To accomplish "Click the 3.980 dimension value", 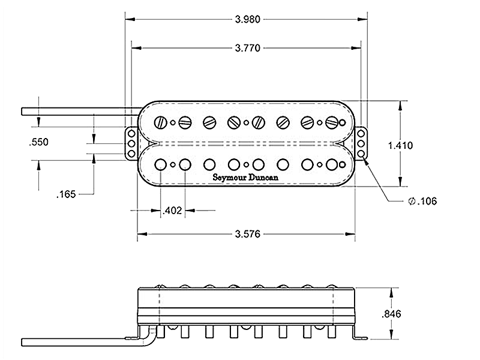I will [246, 19].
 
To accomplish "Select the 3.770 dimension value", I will [246, 48].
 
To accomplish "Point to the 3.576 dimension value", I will [246, 235].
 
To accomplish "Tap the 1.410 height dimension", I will [401, 145].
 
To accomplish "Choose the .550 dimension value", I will [38, 143].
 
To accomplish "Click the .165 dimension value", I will [65, 194].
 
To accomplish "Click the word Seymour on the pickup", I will [230, 178].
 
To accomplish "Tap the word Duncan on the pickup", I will [264, 178].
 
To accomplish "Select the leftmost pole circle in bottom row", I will [161, 164].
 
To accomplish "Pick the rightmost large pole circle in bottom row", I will [332, 164].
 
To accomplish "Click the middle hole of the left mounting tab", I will [131, 145].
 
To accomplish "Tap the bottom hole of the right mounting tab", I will [361, 154].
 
